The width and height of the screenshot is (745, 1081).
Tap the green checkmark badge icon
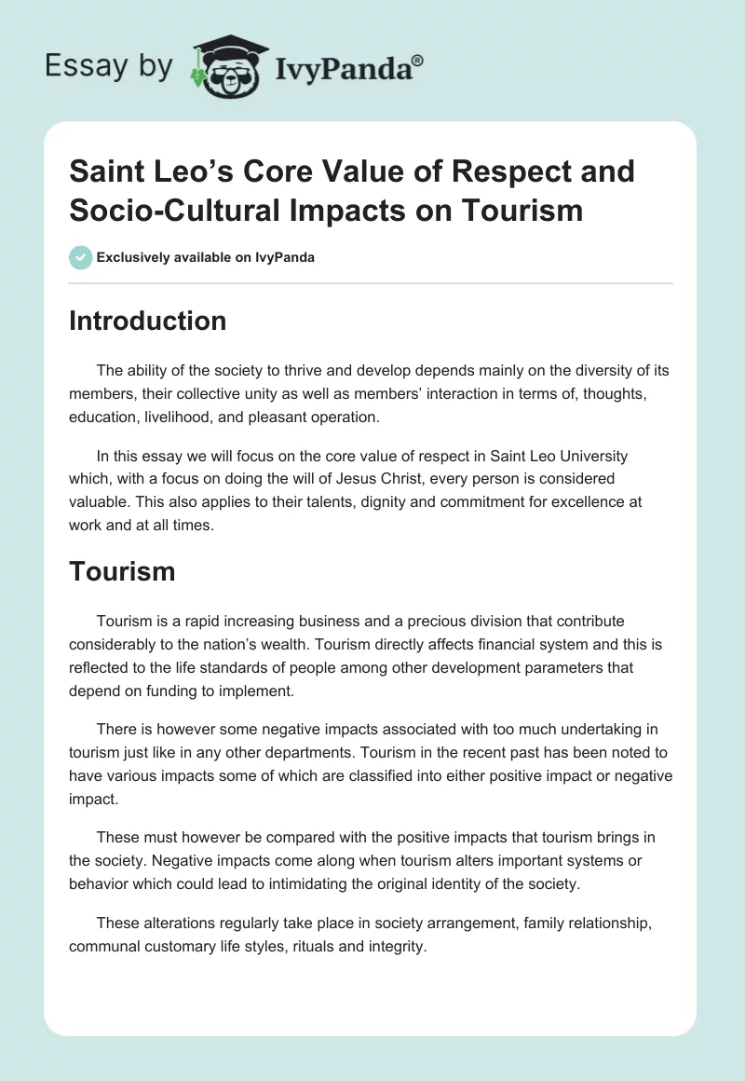pos(80,257)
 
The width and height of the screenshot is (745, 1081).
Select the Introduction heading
pos(147,321)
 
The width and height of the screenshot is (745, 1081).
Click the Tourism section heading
pos(122,570)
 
